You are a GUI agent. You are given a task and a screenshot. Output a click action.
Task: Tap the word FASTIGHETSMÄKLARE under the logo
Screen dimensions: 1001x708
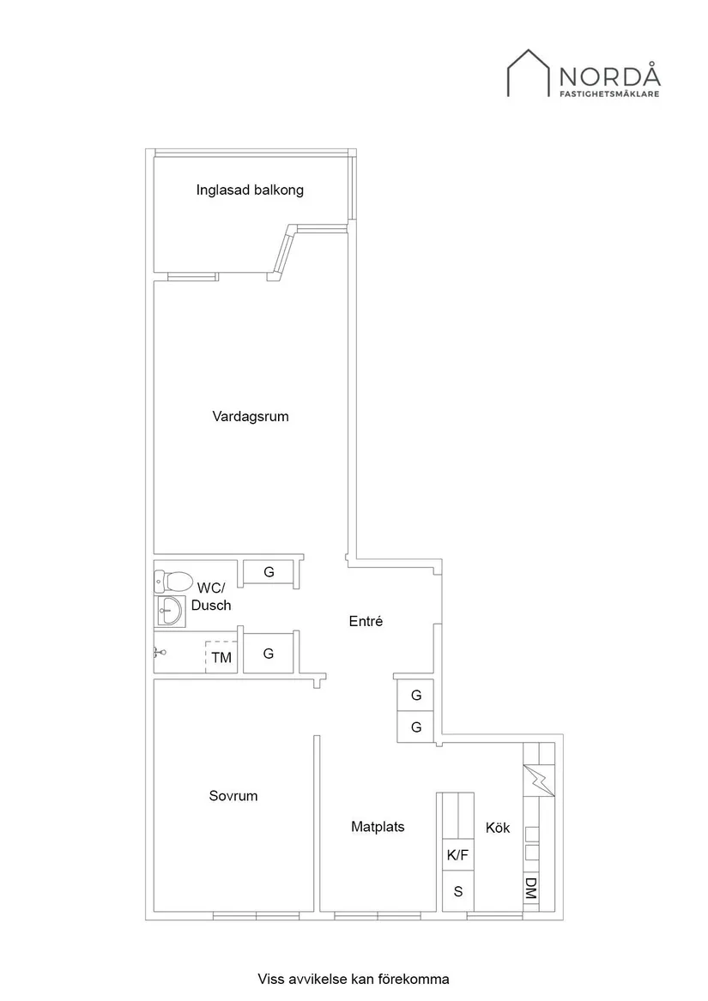pyautogui.click(x=610, y=94)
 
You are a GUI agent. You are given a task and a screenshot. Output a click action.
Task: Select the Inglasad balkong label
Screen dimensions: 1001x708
pyautogui.click(x=250, y=190)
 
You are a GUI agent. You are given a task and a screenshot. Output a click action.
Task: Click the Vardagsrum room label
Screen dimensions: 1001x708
pyautogui.click(x=251, y=417)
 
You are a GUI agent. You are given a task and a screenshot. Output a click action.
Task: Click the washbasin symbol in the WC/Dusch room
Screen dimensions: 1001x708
pyautogui.click(x=169, y=612)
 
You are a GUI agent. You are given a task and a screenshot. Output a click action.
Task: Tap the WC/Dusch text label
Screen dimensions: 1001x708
pyautogui.click(x=211, y=596)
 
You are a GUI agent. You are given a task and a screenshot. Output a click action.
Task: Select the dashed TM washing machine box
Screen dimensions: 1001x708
pyautogui.click(x=221, y=658)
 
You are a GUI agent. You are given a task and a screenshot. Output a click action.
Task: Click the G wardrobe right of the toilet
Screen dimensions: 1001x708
pyautogui.click(x=269, y=572)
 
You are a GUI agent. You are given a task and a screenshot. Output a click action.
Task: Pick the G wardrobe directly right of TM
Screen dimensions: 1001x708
pyautogui.click(x=269, y=654)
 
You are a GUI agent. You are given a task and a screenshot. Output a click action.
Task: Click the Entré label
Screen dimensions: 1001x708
pyautogui.click(x=366, y=622)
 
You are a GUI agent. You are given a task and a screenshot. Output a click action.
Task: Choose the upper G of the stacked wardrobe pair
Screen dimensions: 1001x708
pyautogui.click(x=416, y=695)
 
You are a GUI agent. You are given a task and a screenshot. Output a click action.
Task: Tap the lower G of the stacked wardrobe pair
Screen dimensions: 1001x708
pyautogui.click(x=416, y=727)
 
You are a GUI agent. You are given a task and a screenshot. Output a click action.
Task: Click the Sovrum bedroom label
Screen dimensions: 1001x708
pyautogui.click(x=233, y=796)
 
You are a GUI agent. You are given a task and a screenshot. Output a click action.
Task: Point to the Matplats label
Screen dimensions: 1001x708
pyautogui.click(x=378, y=827)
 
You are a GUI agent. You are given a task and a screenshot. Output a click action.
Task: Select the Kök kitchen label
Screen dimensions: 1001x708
pyautogui.click(x=498, y=828)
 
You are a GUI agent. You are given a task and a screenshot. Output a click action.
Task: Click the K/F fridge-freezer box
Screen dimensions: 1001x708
pyautogui.click(x=457, y=855)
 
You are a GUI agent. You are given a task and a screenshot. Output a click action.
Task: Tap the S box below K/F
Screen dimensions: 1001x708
pyautogui.click(x=457, y=891)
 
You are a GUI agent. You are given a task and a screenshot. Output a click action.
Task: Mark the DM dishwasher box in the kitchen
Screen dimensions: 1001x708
pyautogui.click(x=531, y=888)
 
